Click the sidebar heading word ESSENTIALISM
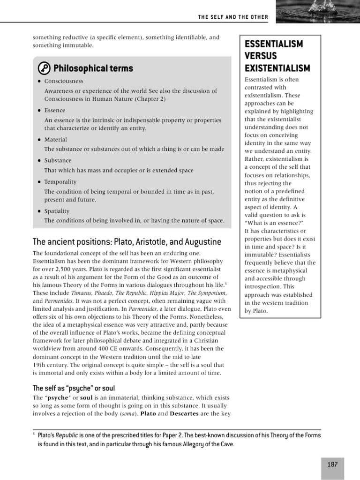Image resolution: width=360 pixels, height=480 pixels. point(274,44)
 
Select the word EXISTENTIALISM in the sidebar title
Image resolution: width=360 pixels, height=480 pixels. point(277,68)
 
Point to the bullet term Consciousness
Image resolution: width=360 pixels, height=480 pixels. point(64,81)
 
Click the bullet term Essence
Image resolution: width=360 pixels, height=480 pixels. point(55,111)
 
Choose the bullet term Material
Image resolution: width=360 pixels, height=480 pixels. point(56,140)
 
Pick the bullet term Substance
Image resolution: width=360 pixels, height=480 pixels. point(58,161)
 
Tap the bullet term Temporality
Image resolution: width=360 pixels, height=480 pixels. point(60,182)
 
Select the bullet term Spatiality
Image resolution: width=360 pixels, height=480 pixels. point(57,211)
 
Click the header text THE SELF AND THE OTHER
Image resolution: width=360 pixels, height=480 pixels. point(233,17)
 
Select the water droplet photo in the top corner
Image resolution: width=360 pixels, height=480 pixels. point(318,11)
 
